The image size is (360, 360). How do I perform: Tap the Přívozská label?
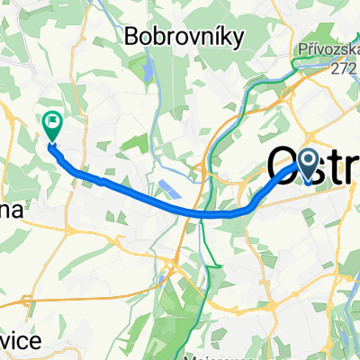pyautogui.click(x=328, y=52)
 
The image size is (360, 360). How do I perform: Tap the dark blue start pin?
pyautogui.click(x=307, y=164)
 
